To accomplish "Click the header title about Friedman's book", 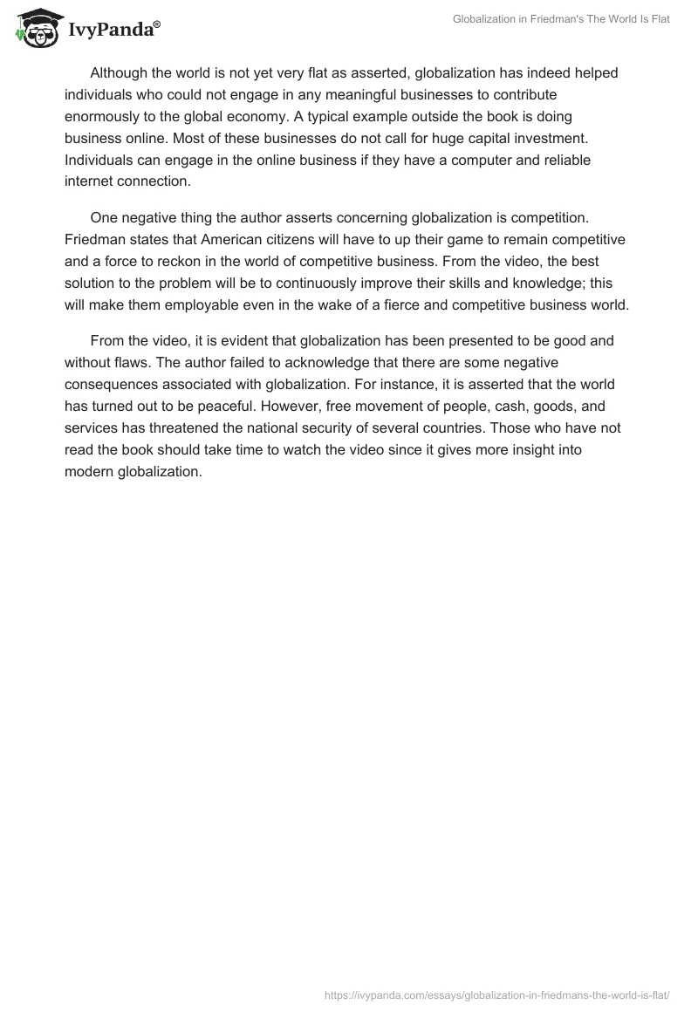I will click(x=562, y=19).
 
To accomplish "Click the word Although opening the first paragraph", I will click(x=121, y=73).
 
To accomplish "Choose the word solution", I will click(x=91, y=281).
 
